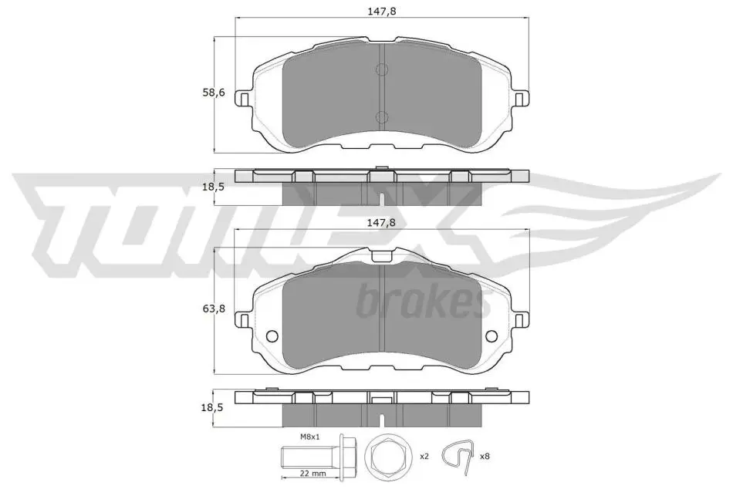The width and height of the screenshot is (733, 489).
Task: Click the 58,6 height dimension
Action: pos(213,93)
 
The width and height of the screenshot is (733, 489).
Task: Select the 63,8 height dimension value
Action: pos(213,309)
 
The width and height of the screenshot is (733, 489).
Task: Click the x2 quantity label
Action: pos(424,457)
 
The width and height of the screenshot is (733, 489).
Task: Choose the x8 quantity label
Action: pos(485,457)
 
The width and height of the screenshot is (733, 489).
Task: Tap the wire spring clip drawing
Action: pos(459,456)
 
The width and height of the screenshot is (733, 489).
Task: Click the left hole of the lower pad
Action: pos(272,336)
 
